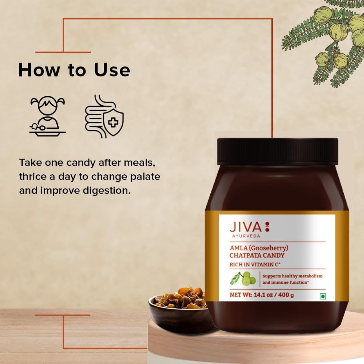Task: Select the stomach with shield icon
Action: [x=104, y=116]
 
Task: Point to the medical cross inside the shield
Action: [x=114, y=122]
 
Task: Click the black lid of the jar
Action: [x=277, y=151]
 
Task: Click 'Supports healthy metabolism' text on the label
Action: [x=292, y=276]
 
